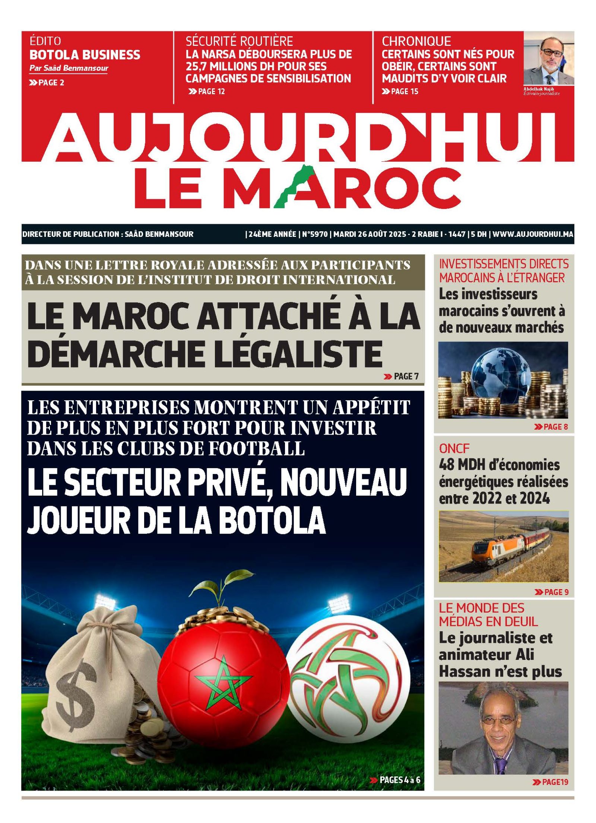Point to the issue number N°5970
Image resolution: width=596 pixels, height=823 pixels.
[315, 234]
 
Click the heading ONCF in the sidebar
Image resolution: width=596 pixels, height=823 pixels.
[454, 448]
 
